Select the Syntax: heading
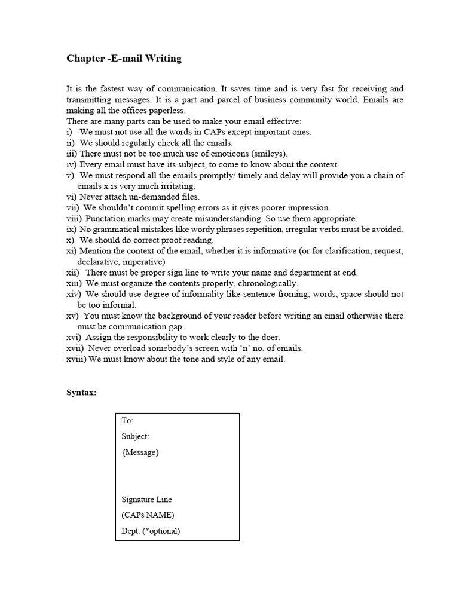point(81,393)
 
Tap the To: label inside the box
point(127,421)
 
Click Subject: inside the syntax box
point(135,436)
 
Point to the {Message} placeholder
point(140,452)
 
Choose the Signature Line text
point(146,499)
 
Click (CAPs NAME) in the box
point(148,515)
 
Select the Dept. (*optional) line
point(151,530)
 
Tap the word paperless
point(170,111)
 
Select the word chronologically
point(265,283)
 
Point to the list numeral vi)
point(71,197)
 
